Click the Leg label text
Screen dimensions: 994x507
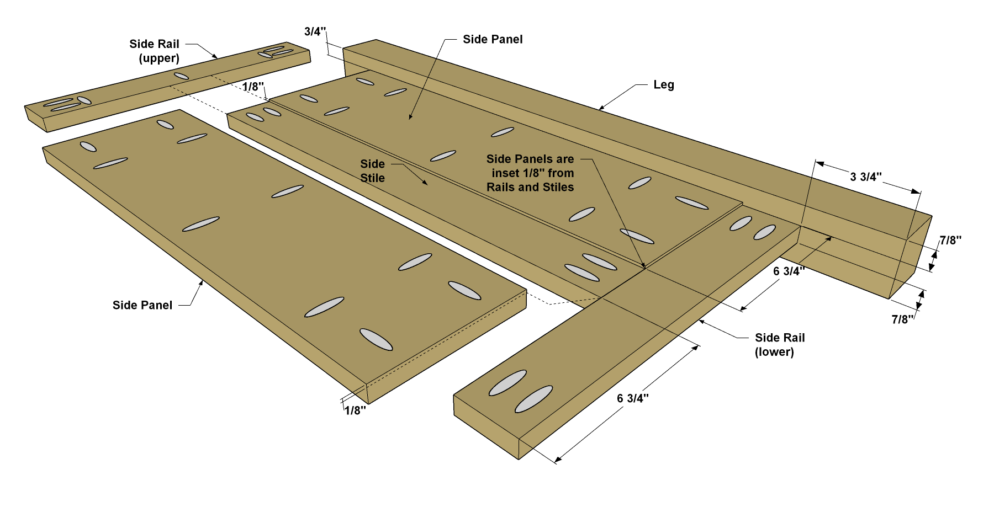[x=663, y=85]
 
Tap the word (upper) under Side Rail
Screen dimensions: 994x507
[x=159, y=58]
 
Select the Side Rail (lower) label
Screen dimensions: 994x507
[x=780, y=345]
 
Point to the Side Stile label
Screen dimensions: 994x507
[x=373, y=171]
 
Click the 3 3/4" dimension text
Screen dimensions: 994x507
[x=866, y=177]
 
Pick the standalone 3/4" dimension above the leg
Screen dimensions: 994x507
[x=315, y=31]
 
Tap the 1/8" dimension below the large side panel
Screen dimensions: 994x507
[x=355, y=410]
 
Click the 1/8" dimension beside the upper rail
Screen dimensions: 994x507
[x=253, y=87]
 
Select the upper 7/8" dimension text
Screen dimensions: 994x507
[x=950, y=240]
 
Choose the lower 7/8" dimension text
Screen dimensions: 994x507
[x=902, y=319]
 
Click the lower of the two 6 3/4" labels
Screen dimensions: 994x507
[x=633, y=398]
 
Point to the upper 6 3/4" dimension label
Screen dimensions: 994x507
[x=789, y=271]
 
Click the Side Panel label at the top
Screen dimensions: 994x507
[x=493, y=39]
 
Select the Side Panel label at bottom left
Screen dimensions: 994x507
[x=142, y=305]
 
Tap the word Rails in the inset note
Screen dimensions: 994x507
[x=500, y=187]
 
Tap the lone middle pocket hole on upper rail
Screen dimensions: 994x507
[x=181, y=76]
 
